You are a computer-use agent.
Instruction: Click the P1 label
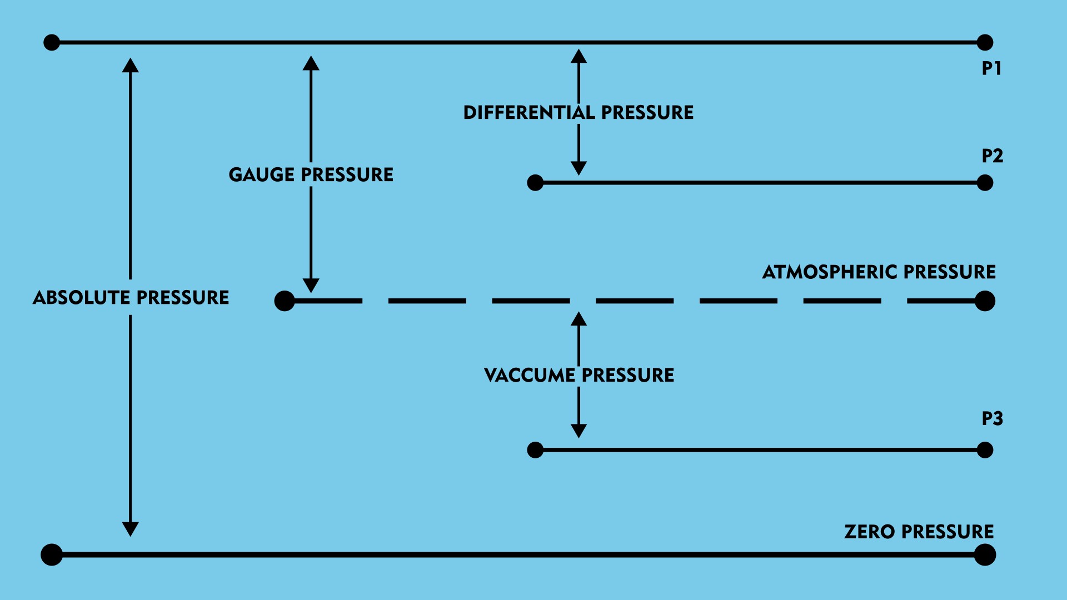pos(991,68)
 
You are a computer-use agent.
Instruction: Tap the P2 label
pos(992,156)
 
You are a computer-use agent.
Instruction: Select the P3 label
pos(992,418)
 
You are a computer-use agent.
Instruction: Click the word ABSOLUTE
pos(82,298)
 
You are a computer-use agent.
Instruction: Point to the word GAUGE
pos(261,175)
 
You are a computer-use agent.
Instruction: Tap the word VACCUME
pos(530,376)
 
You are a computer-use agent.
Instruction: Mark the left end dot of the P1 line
pos(52,42)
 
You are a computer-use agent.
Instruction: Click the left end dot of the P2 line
pos(535,182)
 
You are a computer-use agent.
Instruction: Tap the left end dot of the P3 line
pos(535,450)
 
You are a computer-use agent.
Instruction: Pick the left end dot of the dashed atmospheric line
pos(285,301)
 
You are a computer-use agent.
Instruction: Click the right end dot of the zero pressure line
pos(985,554)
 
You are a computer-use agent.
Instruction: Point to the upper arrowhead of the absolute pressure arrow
pos(131,66)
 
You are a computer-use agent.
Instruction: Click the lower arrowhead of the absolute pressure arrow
pos(131,529)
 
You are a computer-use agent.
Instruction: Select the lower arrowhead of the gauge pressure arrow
pos(311,285)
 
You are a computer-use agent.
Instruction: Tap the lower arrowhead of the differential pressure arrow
pos(579,168)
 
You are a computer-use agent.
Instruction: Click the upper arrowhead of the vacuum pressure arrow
pos(579,319)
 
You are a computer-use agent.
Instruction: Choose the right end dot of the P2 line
pos(985,182)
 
